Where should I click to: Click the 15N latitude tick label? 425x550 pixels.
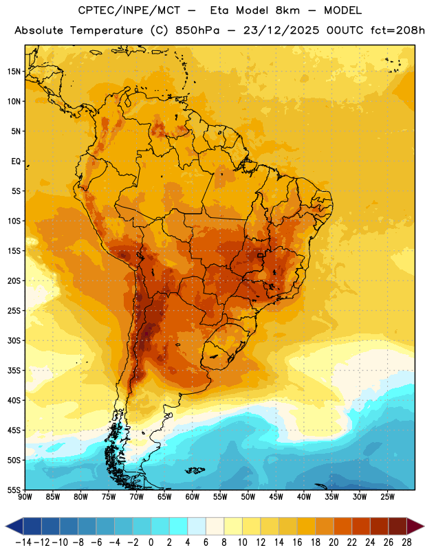coord(14,71)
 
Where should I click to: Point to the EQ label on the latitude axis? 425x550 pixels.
coord(16,162)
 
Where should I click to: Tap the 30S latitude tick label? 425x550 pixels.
coord(14,340)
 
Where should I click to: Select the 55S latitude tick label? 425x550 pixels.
coord(14,490)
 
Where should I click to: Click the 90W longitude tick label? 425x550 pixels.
coord(25,497)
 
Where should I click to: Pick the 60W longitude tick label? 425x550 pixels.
coord(193,497)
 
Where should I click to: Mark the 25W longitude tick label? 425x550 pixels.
coord(387,497)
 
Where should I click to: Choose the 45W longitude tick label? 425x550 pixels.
coord(276,497)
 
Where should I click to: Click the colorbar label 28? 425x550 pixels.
coord(406,542)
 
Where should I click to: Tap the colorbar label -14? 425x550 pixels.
coord(23,542)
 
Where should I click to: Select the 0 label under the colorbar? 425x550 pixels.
coord(151,542)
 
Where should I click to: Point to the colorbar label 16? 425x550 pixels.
coord(297,542)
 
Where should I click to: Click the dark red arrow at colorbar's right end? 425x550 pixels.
coord(415,526)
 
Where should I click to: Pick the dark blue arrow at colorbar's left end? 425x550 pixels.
coord(14,526)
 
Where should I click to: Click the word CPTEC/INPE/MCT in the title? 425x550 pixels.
coord(129,10)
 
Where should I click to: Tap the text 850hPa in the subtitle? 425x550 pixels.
coord(197,30)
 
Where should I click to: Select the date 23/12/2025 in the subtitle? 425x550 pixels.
coord(281,30)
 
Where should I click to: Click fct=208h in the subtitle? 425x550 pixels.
coord(397,30)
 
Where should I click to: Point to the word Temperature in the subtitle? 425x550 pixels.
coord(107,30)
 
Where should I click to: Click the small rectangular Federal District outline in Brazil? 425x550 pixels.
coord(260,255)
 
